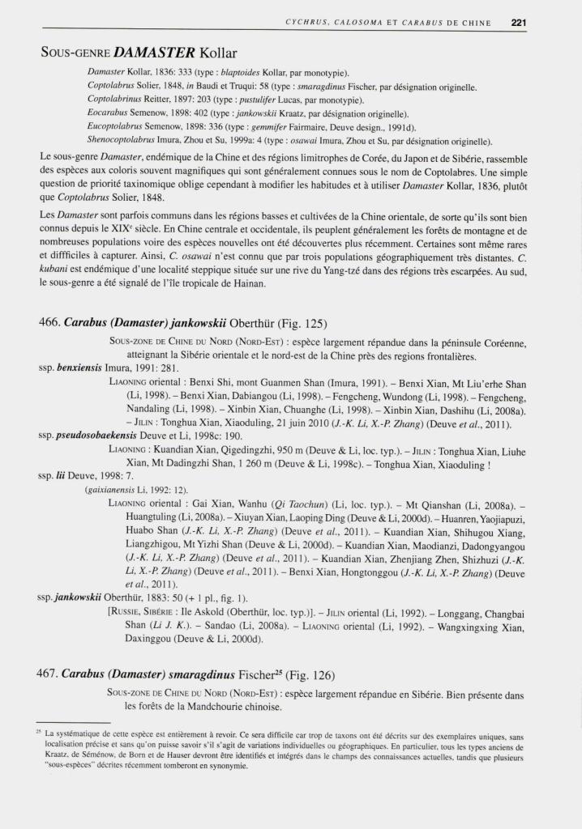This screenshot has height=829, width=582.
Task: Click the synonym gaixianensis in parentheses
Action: click(x=117, y=491)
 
